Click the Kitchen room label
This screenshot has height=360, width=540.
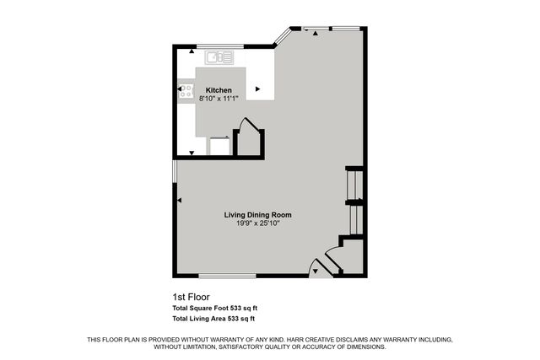tap(219, 90)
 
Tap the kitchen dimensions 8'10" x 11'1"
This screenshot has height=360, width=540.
tap(219, 99)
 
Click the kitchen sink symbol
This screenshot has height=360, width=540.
tap(219, 57)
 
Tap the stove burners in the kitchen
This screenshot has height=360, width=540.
tap(186, 91)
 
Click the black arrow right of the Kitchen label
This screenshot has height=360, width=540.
tap(258, 88)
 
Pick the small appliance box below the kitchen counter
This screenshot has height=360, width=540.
tap(219, 147)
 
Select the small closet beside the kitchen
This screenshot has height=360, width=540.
tap(248, 142)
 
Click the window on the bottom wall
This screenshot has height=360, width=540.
tap(227, 276)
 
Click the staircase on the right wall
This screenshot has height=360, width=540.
tap(355, 202)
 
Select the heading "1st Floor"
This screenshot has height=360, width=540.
tap(191, 297)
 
